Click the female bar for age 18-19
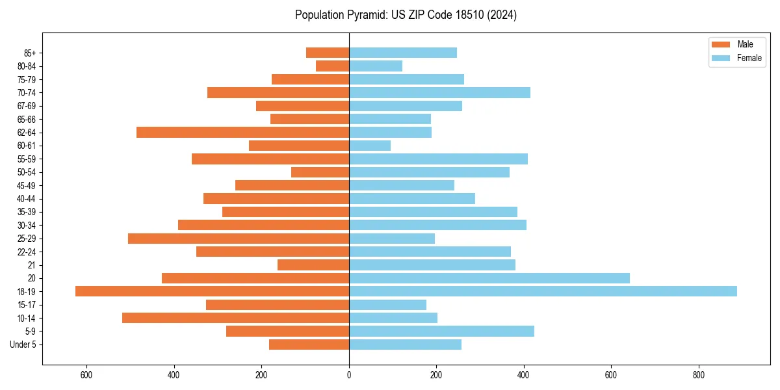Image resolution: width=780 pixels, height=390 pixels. click(x=543, y=291)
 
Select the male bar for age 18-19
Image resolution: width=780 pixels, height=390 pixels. click(x=213, y=291)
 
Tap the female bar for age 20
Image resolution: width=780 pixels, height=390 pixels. click(x=489, y=278)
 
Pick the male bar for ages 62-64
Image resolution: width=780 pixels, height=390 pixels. click(x=243, y=133)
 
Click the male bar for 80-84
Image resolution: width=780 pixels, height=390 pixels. click(x=333, y=66)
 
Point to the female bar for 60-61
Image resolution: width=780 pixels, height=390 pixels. click(x=370, y=146)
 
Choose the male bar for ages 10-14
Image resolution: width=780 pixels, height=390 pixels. click(x=236, y=318)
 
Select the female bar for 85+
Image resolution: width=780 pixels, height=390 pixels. click(x=403, y=53)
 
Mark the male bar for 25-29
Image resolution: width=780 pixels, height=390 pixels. click(x=239, y=239)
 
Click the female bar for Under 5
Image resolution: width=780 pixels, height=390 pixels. click(x=405, y=344)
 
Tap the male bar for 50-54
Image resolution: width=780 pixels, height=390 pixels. click(x=320, y=172)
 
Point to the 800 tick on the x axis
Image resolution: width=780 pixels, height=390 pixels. click(x=699, y=375)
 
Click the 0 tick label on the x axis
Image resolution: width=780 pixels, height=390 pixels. click(x=349, y=375)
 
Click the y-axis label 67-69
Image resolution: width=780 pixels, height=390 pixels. click(x=27, y=106)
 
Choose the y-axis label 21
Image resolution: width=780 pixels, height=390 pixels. click(x=32, y=265)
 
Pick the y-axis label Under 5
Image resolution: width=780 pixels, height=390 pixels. click(x=23, y=344)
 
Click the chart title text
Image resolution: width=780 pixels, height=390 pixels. click(x=406, y=15)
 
